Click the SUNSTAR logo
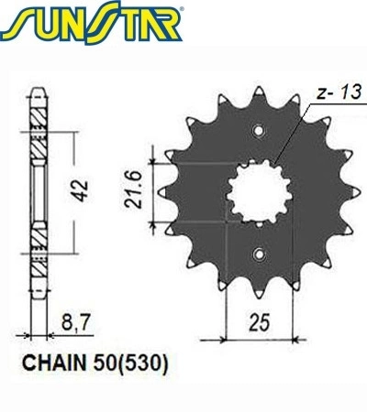92,23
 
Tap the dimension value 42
82,191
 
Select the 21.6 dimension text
134,190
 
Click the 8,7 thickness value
75,322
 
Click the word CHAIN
54,363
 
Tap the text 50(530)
131,363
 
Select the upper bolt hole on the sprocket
259,131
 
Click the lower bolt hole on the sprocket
259,255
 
